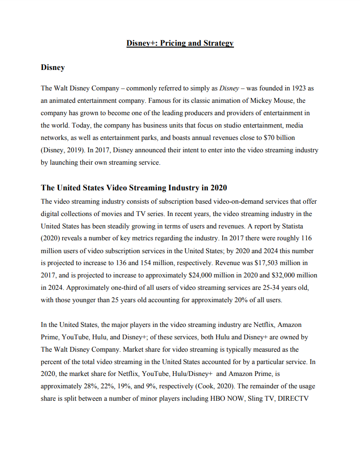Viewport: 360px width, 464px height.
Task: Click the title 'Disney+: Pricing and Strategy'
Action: [180, 43]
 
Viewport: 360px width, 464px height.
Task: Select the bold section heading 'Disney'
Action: [52, 68]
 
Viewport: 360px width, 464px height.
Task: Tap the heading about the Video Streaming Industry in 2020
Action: [134, 188]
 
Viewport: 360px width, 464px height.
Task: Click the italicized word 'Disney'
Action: [230, 89]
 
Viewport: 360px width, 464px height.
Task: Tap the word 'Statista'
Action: [301, 226]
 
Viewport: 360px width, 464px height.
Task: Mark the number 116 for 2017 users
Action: [306, 238]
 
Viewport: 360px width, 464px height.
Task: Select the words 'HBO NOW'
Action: [226, 399]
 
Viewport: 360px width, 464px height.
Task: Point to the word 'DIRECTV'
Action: [295, 399]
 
